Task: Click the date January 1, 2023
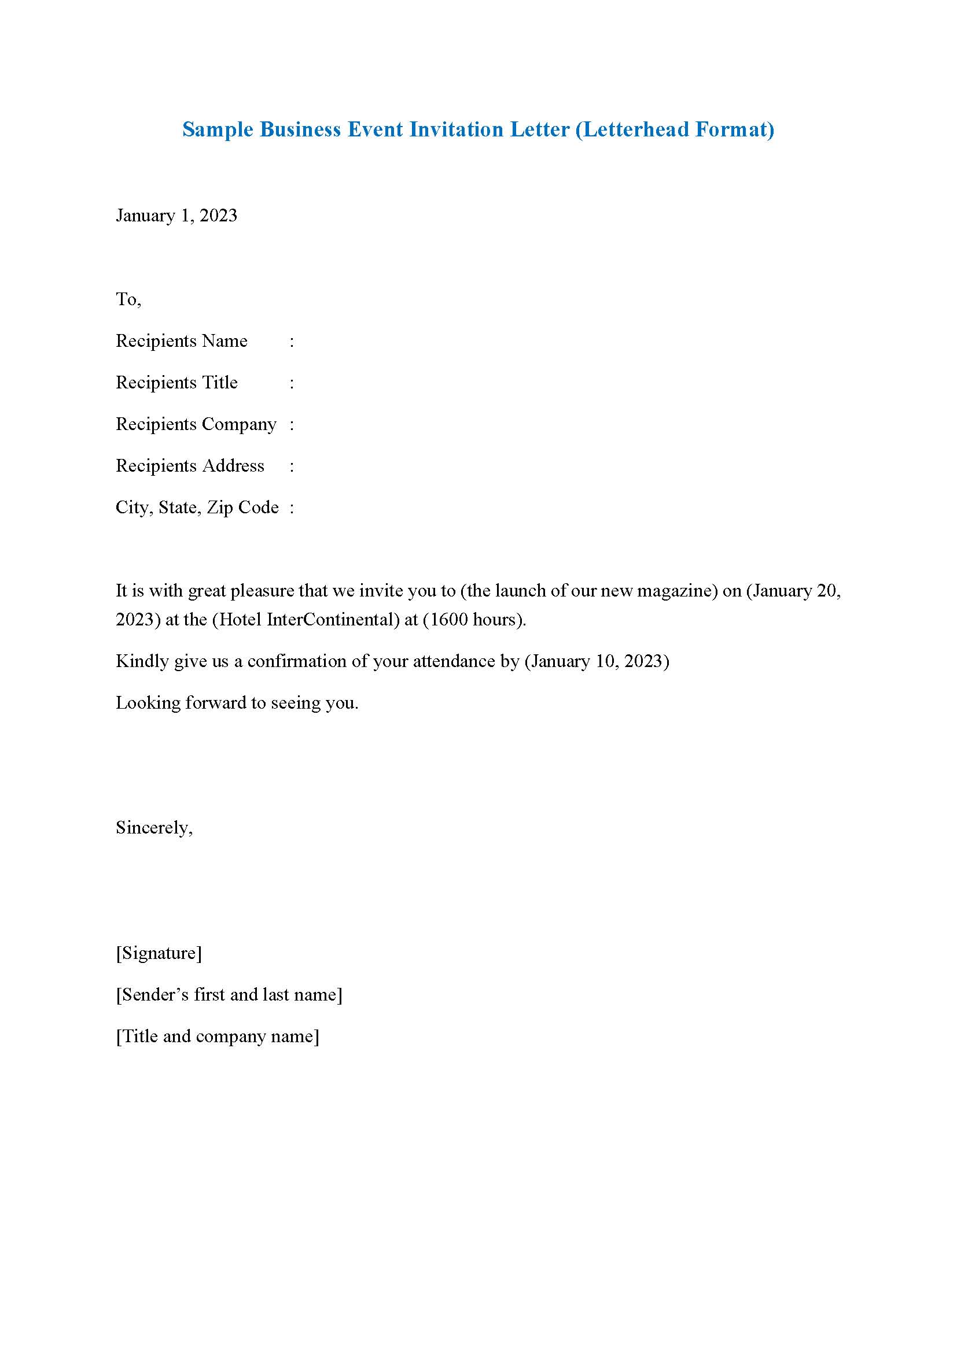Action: pos(176,216)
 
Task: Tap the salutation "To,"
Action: pos(128,299)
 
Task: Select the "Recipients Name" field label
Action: pos(181,341)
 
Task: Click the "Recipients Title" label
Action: pos(176,383)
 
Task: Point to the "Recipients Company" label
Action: pos(196,425)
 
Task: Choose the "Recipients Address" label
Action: pos(190,466)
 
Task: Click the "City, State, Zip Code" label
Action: pos(197,508)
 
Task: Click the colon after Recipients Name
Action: pos(292,342)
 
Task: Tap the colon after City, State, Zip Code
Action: pos(292,509)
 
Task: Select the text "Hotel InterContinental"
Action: pos(305,620)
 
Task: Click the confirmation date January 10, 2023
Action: pos(597,661)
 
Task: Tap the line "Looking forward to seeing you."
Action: pos(237,702)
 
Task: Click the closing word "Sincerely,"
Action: pos(154,828)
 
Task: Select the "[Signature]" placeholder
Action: pos(159,953)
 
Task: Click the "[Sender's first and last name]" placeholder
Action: pos(229,995)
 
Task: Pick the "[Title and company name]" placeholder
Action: pos(218,1036)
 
